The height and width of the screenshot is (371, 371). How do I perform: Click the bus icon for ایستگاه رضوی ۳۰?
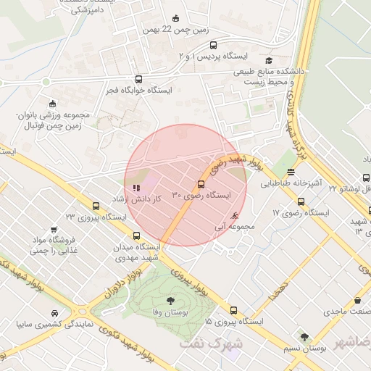coord(201,184)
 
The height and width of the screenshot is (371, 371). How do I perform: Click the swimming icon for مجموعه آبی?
coord(233,216)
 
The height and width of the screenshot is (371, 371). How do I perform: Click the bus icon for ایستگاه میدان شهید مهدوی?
coord(137,235)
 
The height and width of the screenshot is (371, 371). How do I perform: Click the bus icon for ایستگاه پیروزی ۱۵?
coord(233,309)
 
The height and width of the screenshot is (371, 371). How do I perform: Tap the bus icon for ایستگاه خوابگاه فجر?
coord(138,80)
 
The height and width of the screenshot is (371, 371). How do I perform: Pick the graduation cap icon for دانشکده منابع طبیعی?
coord(270,61)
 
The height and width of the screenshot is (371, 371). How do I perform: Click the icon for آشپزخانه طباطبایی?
coord(291,172)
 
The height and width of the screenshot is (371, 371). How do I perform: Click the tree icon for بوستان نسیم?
coord(304,337)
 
